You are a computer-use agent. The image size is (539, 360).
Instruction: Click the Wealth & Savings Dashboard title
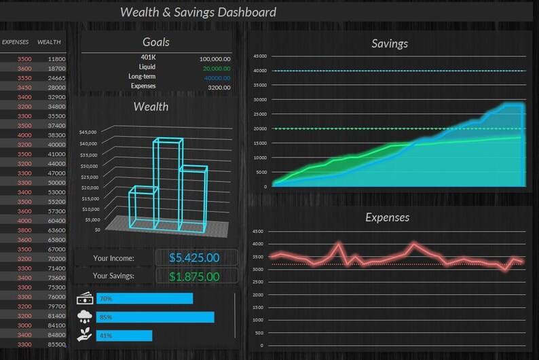198,12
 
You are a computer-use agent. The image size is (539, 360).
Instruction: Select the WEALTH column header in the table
49,42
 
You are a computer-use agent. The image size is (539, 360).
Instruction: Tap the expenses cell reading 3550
24,78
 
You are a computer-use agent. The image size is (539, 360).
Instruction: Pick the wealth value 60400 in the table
56,221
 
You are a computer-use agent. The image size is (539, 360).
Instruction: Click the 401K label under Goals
147,57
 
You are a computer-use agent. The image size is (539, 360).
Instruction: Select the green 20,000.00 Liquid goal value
216,69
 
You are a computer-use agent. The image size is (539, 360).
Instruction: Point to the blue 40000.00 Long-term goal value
215,78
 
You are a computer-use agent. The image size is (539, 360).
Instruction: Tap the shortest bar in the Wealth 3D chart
143,207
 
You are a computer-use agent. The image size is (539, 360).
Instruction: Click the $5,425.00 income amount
194,258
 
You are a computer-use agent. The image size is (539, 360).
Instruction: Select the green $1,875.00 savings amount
194,276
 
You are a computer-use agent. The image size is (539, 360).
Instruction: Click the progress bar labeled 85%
155,317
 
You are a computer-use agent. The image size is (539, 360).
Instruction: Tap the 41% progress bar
124,336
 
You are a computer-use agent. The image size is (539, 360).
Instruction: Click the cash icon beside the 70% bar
86,298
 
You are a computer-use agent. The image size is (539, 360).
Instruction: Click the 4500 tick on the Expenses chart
257,231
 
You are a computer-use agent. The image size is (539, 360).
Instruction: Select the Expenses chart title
387,217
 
